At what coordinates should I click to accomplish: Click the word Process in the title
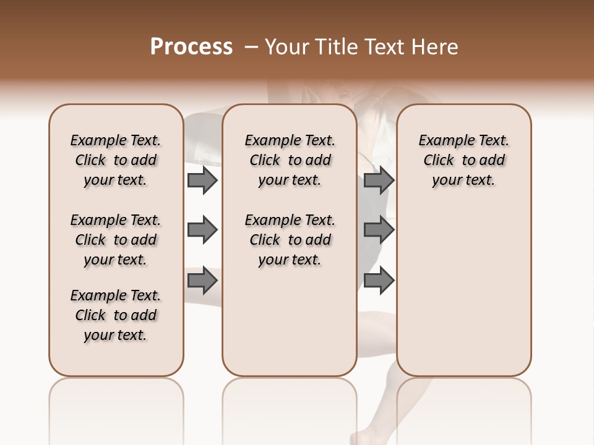point(191,47)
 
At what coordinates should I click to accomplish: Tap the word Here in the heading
point(435,47)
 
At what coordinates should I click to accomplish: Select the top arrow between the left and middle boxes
point(202,180)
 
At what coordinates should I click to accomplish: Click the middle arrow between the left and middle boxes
point(202,230)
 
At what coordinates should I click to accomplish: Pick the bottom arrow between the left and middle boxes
point(202,281)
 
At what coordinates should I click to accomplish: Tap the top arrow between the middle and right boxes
point(379,180)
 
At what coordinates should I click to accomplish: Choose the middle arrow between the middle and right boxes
point(379,230)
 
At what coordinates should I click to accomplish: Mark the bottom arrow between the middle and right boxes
point(379,281)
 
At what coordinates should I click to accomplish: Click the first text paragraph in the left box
point(116,160)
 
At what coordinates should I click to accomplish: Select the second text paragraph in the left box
point(116,240)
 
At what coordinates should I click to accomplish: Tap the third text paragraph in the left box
point(116,315)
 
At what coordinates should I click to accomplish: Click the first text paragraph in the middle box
point(290,160)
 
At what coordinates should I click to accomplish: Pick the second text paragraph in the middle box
point(290,240)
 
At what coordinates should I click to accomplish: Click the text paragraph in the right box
point(464,160)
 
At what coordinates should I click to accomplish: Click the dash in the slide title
point(251,47)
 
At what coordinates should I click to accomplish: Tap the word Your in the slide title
point(286,47)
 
